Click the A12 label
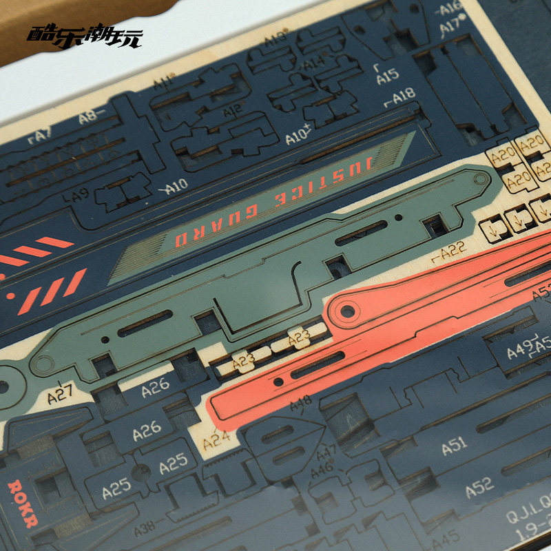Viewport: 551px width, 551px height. click(x=233, y=109)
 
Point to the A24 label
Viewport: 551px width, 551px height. click(x=216, y=435)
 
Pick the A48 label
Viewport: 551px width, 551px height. click(x=301, y=401)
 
